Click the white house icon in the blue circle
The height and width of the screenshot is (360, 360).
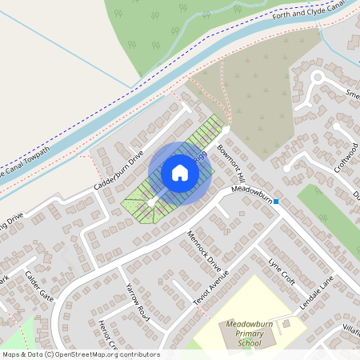click(180, 173)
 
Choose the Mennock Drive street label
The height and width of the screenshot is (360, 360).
click(202, 250)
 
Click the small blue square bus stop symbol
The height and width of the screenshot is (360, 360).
click(276, 202)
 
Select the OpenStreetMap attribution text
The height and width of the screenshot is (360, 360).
click(81, 354)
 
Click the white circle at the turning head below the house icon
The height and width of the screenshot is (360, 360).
click(150, 203)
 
